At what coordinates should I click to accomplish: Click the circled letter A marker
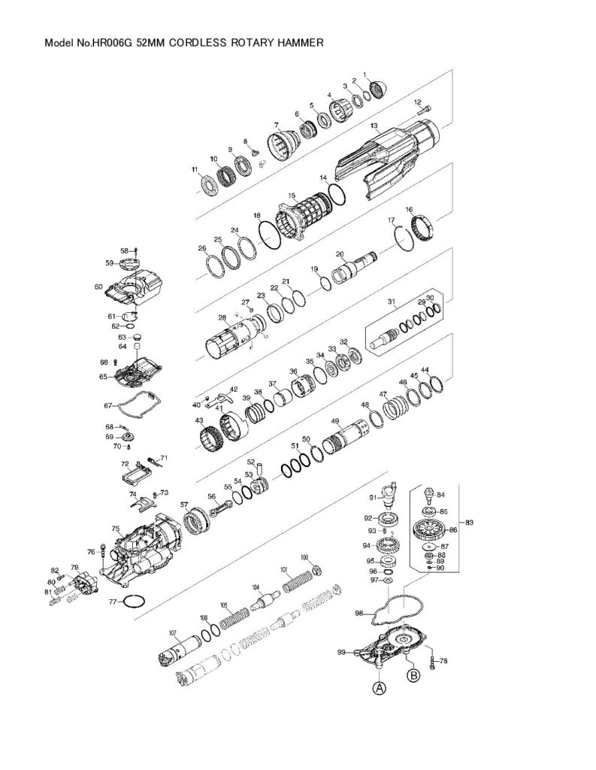click(x=380, y=687)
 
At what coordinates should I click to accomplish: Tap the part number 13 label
click(x=374, y=126)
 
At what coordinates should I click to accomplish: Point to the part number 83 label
click(x=470, y=522)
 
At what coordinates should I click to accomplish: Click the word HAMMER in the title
click(x=301, y=44)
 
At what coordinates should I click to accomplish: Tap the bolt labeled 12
click(x=423, y=111)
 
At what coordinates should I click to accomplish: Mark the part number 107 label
click(x=172, y=632)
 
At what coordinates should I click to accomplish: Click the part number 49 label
click(x=335, y=421)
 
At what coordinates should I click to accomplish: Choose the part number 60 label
click(x=98, y=286)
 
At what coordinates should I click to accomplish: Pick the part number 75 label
click(x=116, y=529)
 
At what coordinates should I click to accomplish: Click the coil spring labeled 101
click(x=298, y=580)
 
